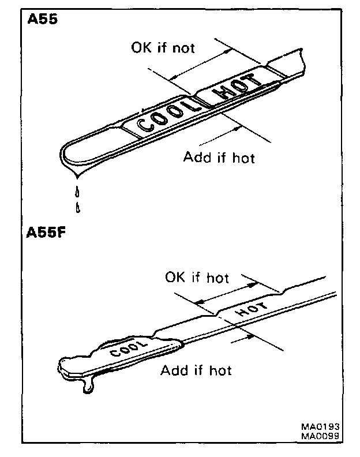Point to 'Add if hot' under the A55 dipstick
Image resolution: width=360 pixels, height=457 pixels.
click(x=219, y=157)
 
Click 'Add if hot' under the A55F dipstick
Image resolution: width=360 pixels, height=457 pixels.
click(x=196, y=370)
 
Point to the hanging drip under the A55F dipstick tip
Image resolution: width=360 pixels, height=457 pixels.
click(x=88, y=385)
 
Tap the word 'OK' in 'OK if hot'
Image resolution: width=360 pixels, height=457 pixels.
click(x=175, y=278)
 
